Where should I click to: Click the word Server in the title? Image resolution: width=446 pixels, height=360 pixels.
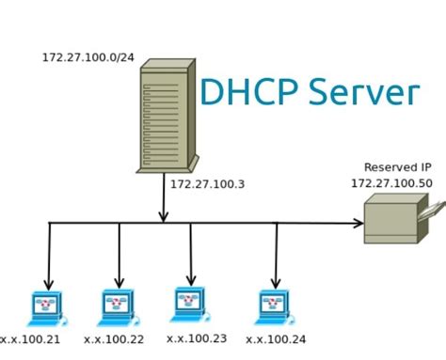click(x=363, y=92)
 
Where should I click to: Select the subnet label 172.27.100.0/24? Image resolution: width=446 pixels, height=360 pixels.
click(x=88, y=57)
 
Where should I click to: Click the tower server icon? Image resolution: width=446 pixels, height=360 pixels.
click(x=167, y=117)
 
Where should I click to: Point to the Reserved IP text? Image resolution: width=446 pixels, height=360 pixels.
click(x=397, y=166)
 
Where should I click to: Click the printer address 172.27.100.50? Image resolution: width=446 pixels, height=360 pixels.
click(x=391, y=183)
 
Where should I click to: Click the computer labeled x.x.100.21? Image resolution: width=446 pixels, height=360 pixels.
click(x=45, y=307)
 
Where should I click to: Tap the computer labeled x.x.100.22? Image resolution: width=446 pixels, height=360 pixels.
click(x=117, y=307)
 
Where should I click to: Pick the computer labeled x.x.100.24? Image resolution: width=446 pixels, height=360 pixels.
click(x=273, y=307)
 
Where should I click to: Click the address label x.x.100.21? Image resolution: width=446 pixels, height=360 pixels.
click(x=30, y=339)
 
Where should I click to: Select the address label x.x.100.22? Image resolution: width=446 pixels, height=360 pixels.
click(x=115, y=339)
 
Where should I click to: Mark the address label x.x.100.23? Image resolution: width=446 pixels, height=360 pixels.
click(x=198, y=338)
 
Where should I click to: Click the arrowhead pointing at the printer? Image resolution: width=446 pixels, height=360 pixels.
click(x=358, y=224)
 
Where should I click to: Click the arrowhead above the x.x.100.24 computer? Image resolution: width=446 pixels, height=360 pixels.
click(x=276, y=283)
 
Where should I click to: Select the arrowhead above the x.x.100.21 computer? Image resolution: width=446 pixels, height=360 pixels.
click(x=48, y=284)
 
